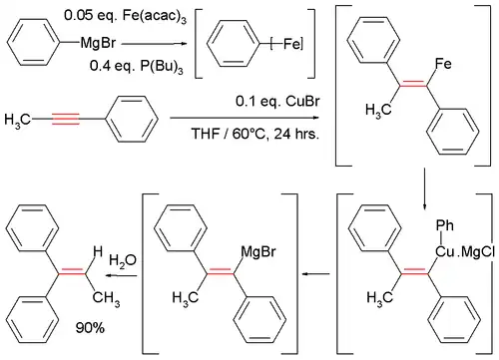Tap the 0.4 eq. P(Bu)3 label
tap(116, 63)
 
